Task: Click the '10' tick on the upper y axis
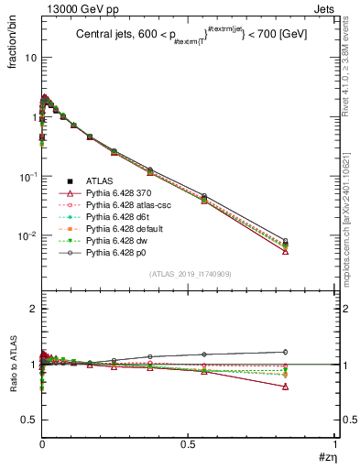pyautogui.click(x=29, y=57)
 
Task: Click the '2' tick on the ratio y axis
pyautogui.click(x=33, y=309)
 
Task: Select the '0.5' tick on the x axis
pyautogui.click(x=188, y=446)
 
